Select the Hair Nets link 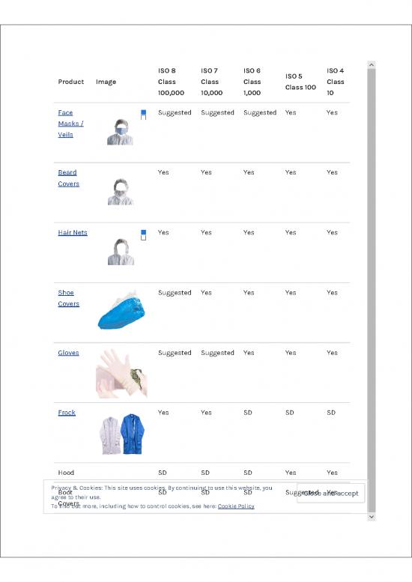pyautogui.click(x=73, y=232)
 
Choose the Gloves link pyautogui.click(x=68, y=352)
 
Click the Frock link pyautogui.click(x=67, y=412)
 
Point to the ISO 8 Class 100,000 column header pyautogui.click(x=170, y=82)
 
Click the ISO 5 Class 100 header pyautogui.click(x=294, y=82)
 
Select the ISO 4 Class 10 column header pyautogui.click(x=335, y=82)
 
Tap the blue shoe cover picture pyautogui.click(x=121, y=309)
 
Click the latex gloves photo pyautogui.click(x=121, y=372)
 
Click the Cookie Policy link pyautogui.click(x=235, y=506)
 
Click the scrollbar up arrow pyautogui.click(x=372, y=66)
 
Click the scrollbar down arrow pyautogui.click(x=372, y=517)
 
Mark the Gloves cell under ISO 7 pyautogui.click(x=216, y=352)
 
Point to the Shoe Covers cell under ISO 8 pyautogui.click(x=175, y=292)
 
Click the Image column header pyautogui.click(x=106, y=82)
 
